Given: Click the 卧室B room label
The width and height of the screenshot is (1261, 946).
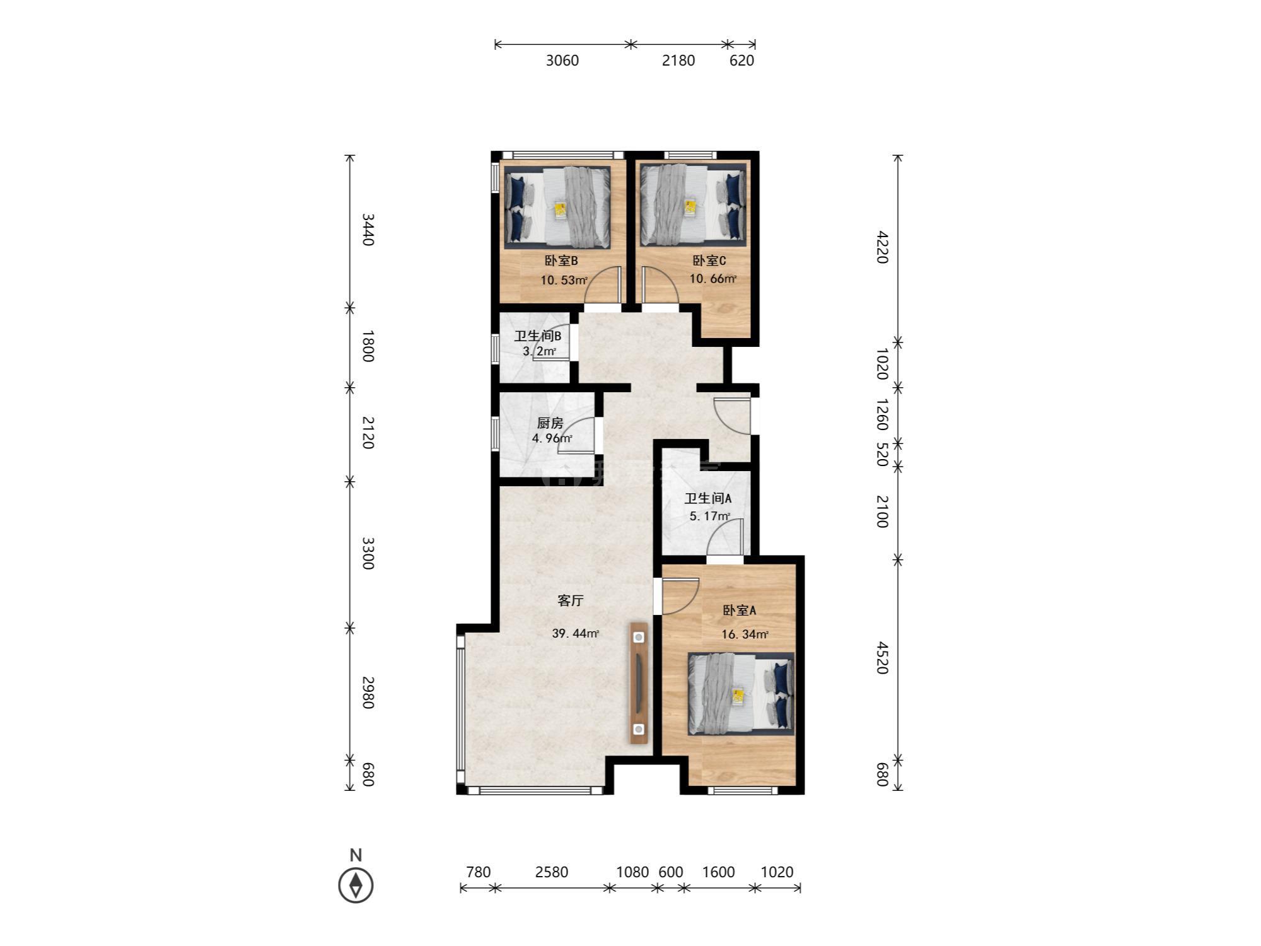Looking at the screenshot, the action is click(561, 261).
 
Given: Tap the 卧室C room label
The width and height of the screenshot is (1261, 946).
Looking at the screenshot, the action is click(709, 261).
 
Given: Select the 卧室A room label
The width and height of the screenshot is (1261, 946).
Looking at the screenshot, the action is click(739, 610).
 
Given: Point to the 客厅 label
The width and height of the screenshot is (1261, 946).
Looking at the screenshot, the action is click(571, 600).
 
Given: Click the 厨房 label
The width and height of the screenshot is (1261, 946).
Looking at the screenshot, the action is click(550, 423).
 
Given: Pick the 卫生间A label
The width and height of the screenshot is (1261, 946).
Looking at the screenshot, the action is click(708, 499).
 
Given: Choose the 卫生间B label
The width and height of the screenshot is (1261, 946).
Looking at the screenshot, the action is click(537, 336).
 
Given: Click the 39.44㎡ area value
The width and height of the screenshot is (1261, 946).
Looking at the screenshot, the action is click(576, 633).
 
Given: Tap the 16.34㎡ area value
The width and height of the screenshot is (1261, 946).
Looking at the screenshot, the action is click(745, 634).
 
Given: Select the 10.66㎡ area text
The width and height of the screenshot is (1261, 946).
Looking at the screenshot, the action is click(713, 279).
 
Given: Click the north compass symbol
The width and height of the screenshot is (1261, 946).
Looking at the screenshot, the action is click(356, 885).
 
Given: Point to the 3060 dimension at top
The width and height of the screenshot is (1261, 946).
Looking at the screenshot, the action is click(562, 61).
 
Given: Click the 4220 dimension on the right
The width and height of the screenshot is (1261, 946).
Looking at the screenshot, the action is click(883, 248).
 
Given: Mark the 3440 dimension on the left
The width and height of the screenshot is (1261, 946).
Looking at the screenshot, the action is click(368, 230).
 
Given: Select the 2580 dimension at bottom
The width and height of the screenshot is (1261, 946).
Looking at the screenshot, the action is click(552, 872).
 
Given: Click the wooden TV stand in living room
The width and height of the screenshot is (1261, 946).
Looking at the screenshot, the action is click(639, 684).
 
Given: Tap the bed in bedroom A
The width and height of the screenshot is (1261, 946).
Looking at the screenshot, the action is click(741, 694).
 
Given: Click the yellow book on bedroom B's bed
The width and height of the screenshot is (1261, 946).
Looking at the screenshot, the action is click(561, 210).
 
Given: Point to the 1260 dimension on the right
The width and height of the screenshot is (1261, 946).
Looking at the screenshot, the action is click(883, 414).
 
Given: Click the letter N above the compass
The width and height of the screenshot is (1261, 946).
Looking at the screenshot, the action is click(356, 856).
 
